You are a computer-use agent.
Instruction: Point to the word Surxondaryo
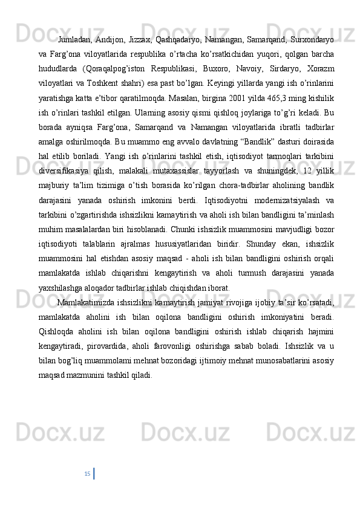(312, 24)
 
